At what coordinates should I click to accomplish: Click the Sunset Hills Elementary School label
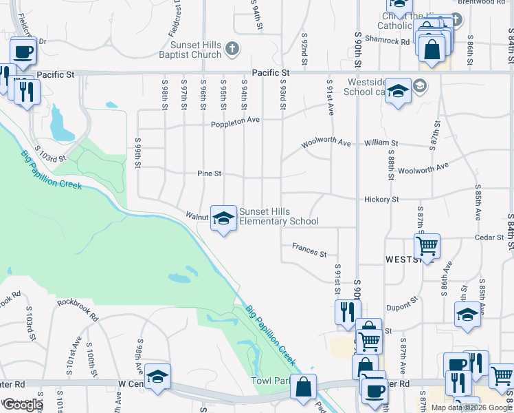[x=278, y=216]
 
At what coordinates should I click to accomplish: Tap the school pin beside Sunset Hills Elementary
[x=223, y=218]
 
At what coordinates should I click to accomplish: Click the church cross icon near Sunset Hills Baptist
[x=233, y=48]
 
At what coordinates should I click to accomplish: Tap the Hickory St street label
[x=382, y=199]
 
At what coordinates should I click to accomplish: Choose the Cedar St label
[x=489, y=237]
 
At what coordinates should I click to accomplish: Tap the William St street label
[x=377, y=143]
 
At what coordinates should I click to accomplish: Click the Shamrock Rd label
[x=387, y=41]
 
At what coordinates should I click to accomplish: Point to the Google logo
[x=23, y=405]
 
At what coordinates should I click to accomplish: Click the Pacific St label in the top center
[x=271, y=72]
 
